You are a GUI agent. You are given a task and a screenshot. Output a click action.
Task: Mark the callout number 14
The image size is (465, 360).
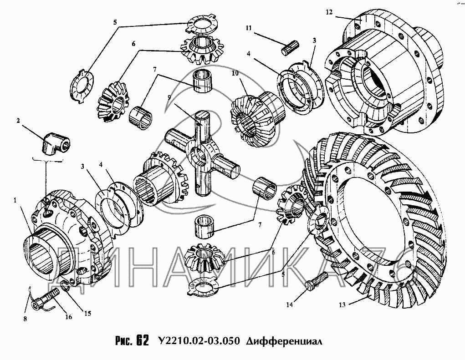289,305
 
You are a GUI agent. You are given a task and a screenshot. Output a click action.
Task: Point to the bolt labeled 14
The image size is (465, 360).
315,281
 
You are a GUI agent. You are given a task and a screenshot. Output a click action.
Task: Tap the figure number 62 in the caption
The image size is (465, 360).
142,341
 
